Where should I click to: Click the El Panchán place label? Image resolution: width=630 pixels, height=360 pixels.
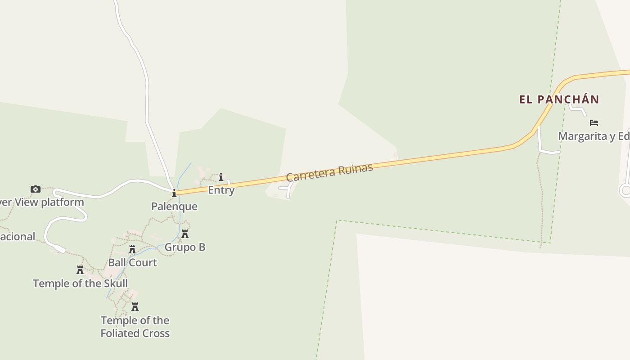point(559,99)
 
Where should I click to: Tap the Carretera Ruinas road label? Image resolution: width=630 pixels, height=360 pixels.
point(329,172)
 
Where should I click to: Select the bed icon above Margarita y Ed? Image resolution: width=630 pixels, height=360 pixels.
point(594,122)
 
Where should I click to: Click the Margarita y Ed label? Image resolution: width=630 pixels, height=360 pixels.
point(594,136)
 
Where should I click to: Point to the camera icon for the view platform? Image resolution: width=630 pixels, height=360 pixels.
point(35,189)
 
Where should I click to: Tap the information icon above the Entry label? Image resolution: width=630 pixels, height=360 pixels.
point(221,177)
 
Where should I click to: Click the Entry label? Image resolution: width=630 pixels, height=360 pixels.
point(221,190)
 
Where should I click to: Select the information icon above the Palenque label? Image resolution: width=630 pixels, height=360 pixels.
point(174,193)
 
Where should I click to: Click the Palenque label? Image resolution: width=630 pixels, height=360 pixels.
point(174,206)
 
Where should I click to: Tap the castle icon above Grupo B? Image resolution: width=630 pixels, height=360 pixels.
point(185,234)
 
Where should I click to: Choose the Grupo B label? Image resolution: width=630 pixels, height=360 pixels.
point(185,247)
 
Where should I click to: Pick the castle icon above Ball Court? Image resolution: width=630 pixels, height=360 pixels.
point(132,249)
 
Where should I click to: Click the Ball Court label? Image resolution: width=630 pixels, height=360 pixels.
point(132,262)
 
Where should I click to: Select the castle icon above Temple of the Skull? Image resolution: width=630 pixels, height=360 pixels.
point(80,270)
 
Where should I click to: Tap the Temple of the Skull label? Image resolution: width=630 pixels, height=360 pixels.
point(80,283)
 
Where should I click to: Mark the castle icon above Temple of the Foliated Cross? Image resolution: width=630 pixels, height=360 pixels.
point(135,307)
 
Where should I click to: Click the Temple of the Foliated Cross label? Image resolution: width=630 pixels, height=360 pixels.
point(135,327)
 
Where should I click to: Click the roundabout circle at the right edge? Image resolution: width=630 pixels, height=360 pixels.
point(625,190)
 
